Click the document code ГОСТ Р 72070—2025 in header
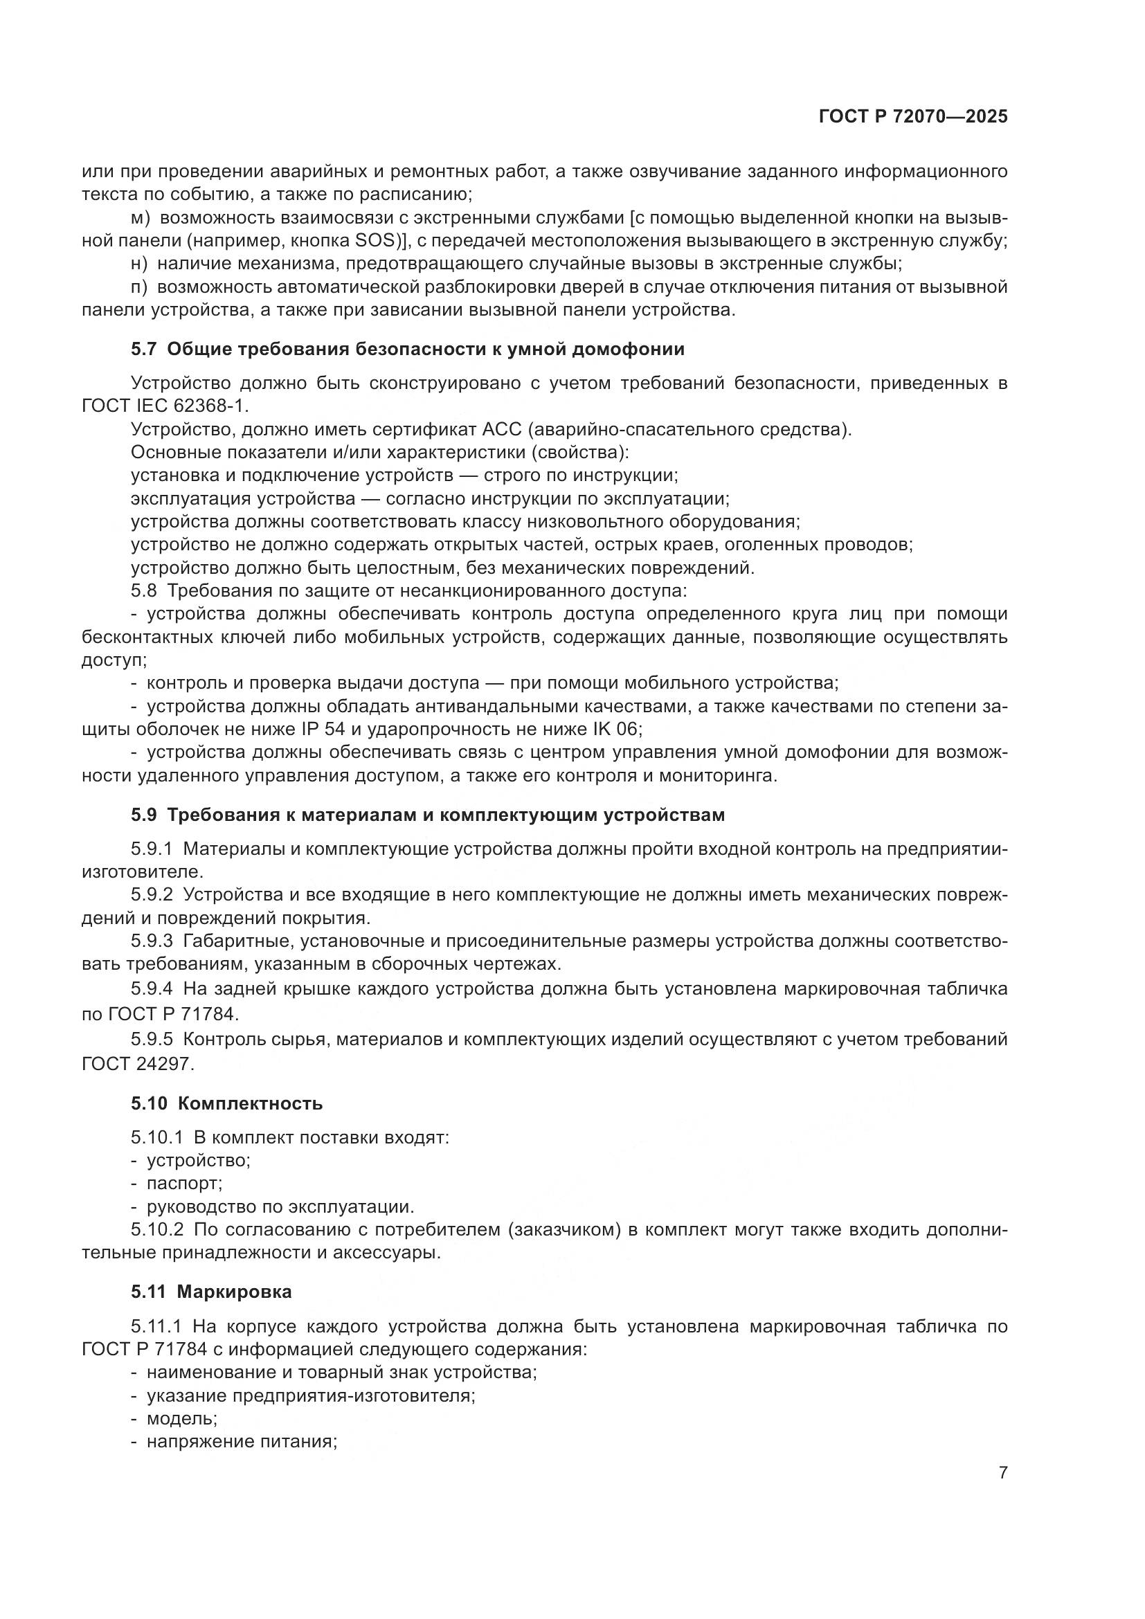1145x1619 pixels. pos(913,117)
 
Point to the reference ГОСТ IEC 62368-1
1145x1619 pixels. pos(165,406)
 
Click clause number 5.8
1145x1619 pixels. pos(145,591)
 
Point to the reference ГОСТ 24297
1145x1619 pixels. pos(137,1064)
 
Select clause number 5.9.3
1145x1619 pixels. pos(152,941)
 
